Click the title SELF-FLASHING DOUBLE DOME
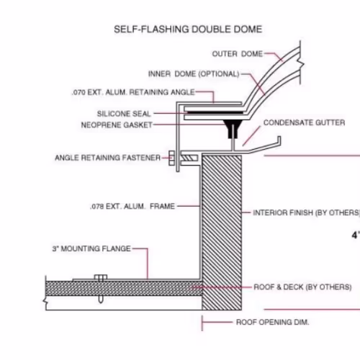click(188, 30)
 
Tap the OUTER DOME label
click(238, 54)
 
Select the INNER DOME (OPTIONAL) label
click(194, 73)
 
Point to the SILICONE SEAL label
click(124, 114)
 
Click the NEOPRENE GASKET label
click(117, 125)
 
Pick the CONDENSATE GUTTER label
click(304, 122)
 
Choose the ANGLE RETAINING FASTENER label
click(107, 158)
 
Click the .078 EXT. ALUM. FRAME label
click(132, 206)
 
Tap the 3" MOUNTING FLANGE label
click(91, 248)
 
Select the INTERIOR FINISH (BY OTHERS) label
click(307, 212)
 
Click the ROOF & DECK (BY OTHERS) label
click(302, 287)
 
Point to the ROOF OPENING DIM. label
click(273, 322)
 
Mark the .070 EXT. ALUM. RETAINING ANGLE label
click(133, 92)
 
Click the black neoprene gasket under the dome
click(233, 128)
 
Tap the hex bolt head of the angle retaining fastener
click(171, 158)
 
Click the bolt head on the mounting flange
click(101, 277)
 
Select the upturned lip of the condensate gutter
click(279, 140)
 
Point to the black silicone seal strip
click(215, 112)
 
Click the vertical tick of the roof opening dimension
click(202, 323)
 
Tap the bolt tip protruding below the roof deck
click(101, 300)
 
